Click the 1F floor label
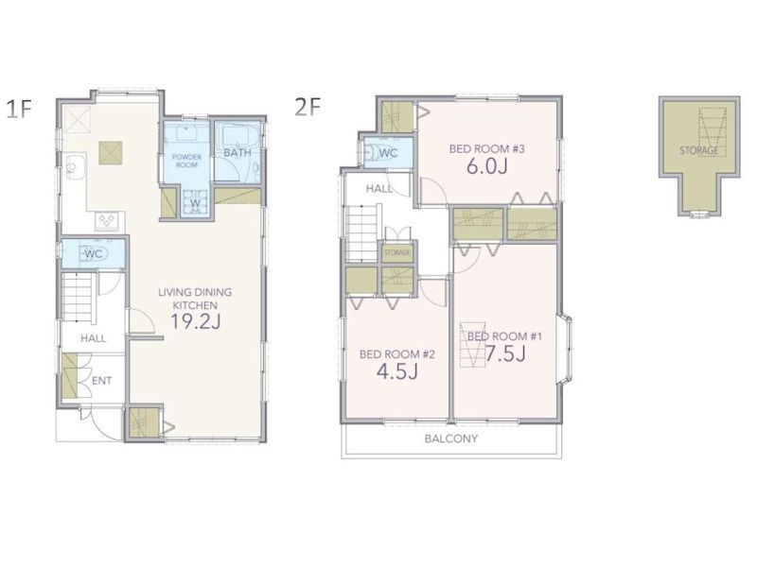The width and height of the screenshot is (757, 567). pos(19,109)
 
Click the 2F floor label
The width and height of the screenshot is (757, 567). pos(308,107)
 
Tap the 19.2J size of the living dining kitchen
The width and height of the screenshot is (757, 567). pos(196,321)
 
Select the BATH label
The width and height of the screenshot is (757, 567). pos(238,153)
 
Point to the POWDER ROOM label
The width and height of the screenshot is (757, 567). pos(186,161)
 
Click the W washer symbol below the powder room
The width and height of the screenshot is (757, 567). pos(195,203)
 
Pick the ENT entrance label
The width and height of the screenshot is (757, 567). pos(102,381)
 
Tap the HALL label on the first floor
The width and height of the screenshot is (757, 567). pos(93,338)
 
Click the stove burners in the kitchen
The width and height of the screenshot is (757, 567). pos(107,221)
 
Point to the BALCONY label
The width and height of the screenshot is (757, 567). pos(451,438)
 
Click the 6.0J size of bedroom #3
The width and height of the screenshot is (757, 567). pos(486,166)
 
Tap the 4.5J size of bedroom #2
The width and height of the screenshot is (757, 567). pos(396,371)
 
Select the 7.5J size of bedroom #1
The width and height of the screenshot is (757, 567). pos(505,354)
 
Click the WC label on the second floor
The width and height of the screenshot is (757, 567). pos(389,153)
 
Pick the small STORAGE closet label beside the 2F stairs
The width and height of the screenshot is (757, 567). pos(397,252)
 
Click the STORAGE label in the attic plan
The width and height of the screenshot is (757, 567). pos(699,150)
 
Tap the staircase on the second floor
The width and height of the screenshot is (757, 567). pos(361,232)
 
